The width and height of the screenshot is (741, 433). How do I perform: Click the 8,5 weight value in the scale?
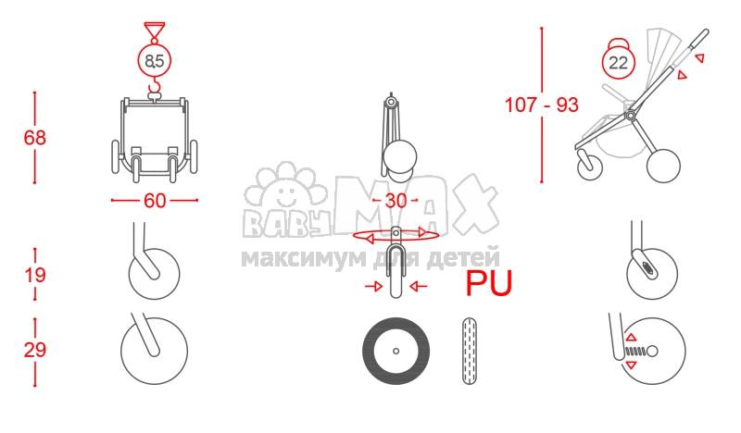[x=155, y=61]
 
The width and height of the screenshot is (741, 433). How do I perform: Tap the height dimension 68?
[x=35, y=138]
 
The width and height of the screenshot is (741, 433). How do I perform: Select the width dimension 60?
[x=155, y=201]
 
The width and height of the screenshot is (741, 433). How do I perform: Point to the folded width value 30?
[x=396, y=201]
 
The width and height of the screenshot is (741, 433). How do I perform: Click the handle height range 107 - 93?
[x=542, y=105]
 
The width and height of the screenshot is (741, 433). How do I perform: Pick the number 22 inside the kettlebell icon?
[x=618, y=62]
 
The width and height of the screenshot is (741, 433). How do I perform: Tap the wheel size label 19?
[x=35, y=275]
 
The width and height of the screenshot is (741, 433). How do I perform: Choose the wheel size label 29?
[x=35, y=351]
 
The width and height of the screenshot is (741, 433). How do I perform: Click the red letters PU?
[x=489, y=283]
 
